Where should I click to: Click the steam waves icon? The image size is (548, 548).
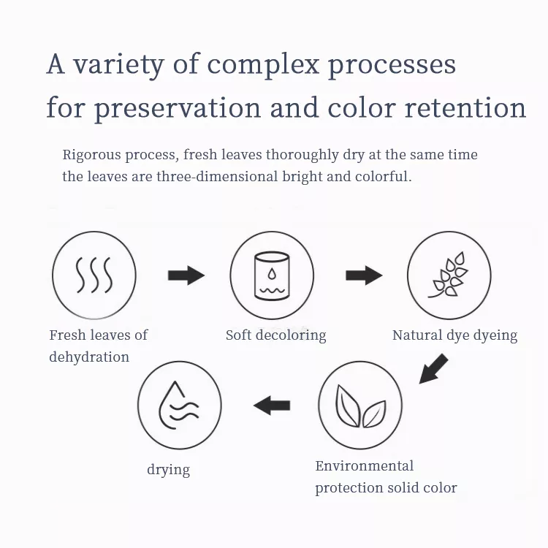94,275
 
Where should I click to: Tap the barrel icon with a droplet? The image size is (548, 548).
272,275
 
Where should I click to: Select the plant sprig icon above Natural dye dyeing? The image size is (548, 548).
449,275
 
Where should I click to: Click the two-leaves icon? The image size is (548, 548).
360,406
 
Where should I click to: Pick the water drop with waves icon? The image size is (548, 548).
178,405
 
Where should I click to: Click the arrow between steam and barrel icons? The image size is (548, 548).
186,275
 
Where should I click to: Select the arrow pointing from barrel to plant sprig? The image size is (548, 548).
364,275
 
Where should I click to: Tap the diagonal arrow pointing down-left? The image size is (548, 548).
433,369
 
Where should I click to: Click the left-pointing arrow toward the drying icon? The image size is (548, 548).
272,406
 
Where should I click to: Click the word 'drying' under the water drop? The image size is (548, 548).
169,470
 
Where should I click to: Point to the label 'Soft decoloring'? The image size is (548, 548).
275,335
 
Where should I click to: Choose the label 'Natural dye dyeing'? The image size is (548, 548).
454,335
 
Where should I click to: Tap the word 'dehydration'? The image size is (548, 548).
89,357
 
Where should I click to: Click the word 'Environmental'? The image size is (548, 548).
364,466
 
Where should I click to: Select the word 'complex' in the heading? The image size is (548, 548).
263,65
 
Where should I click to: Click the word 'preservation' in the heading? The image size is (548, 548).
178,108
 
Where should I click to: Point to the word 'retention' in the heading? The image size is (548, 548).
465,107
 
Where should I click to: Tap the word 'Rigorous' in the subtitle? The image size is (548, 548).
91,155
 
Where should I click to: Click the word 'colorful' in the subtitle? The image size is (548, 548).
384,177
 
